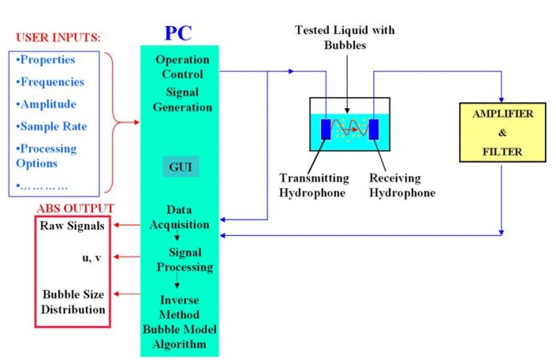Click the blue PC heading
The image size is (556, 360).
[179, 33]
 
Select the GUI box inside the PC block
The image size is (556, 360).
[180, 166]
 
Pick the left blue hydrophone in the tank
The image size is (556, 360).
[326, 128]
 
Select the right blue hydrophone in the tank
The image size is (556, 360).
[373, 128]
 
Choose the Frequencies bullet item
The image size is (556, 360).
[51, 82]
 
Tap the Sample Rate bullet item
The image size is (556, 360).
[52, 126]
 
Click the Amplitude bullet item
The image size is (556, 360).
[48, 104]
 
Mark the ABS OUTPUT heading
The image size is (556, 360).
[75, 208]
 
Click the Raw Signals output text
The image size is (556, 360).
[72, 226]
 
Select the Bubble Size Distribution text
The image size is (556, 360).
[73, 302]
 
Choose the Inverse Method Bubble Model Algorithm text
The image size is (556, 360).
[179, 322]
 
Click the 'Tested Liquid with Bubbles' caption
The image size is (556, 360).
[346, 37]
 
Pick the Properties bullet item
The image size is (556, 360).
[47, 60]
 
